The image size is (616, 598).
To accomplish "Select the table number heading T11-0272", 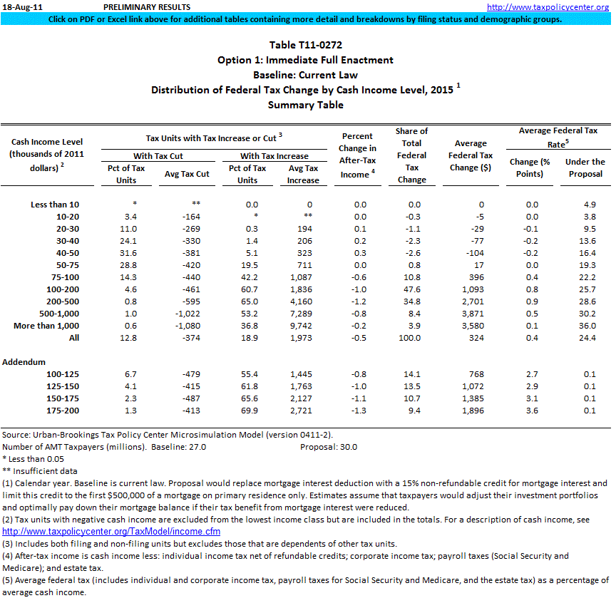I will (x=305, y=45).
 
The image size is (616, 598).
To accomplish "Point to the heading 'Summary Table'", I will (x=305, y=105).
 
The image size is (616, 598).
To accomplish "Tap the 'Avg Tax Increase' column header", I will (x=303, y=174).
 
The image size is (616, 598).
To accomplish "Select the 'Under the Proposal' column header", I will (x=585, y=167).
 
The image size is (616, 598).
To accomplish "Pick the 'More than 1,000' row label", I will (x=46, y=326).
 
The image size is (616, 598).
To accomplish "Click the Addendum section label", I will (x=24, y=362).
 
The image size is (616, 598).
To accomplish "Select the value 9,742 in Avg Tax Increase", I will (x=304, y=326).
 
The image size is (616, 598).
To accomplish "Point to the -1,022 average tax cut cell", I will (x=182, y=314).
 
